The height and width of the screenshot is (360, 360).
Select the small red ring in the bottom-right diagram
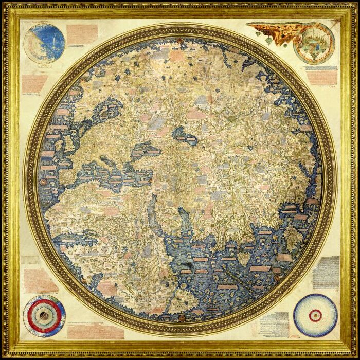315,315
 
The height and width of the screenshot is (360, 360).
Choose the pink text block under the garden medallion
321,77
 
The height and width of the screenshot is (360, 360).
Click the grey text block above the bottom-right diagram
325,272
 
